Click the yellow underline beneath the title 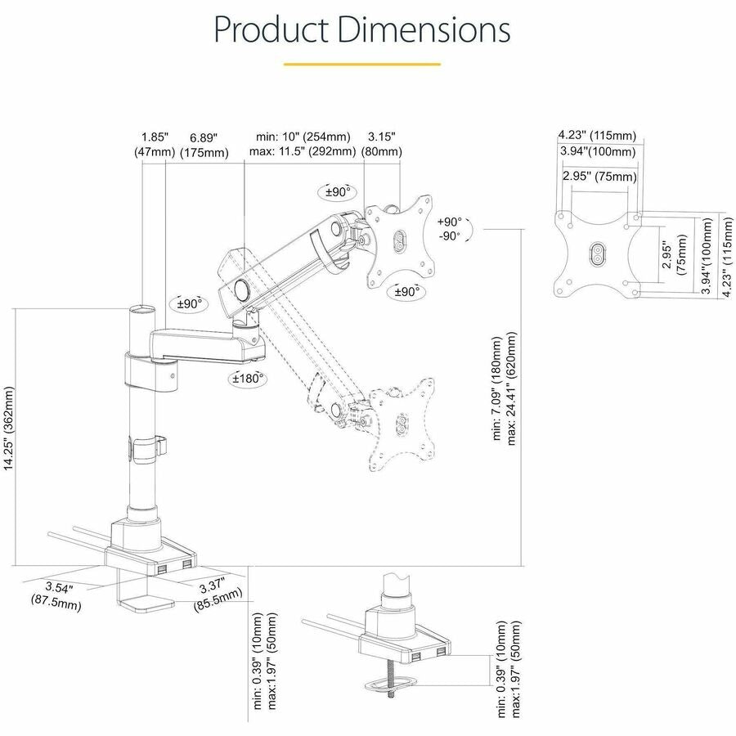click(x=362, y=64)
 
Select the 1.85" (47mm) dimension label click(x=154, y=144)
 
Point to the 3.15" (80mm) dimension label click(x=384, y=144)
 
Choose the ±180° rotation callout click(x=245, y=379)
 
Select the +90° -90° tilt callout click(x=449, y=228)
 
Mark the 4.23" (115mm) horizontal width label click(x=597, y=135)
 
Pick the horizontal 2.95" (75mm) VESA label click(x=599, y=177)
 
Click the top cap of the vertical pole click(x=142, y=310)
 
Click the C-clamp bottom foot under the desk click(x=148, y=606)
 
